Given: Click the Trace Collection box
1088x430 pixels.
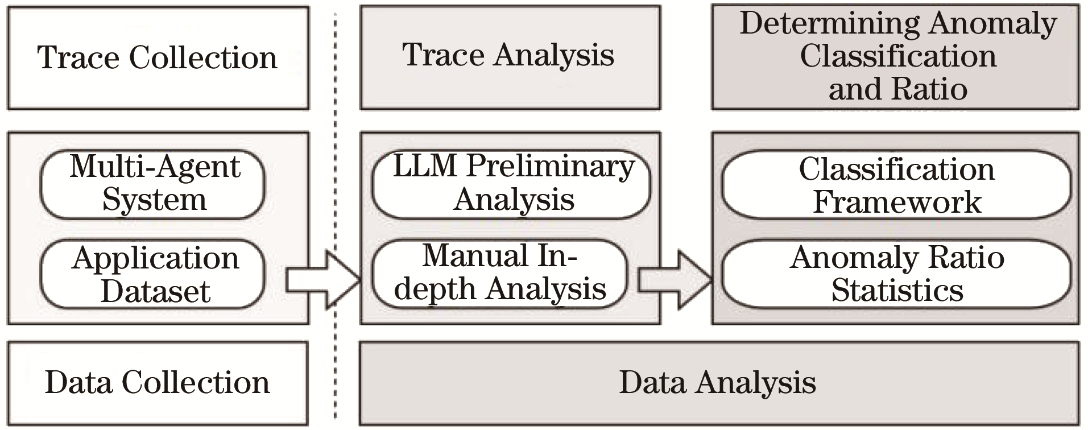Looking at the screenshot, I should coord(158,57).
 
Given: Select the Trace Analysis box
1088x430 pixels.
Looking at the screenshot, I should coord(510,56).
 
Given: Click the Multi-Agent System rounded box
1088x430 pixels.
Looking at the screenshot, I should coord(153,183).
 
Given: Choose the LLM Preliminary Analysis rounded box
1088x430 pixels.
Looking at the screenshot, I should coord(511,183).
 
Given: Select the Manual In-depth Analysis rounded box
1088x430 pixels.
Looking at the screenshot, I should coord(500,273).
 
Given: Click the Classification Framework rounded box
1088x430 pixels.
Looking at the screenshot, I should coord(896,185).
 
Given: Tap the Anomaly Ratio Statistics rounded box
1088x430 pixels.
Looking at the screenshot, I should coord(896,274).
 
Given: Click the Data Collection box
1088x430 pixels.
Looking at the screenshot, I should coord(158,383).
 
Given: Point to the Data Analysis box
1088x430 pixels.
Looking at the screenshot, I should coord(718,383).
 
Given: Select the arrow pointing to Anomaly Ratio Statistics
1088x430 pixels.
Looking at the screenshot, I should coord(675,279).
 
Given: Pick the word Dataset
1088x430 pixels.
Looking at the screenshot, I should coord(155,291).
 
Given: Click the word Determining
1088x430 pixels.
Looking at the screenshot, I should coord(829,24).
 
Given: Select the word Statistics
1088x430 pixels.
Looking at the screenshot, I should coord(897,291).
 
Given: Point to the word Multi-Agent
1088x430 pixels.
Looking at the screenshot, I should coord(155,167).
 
